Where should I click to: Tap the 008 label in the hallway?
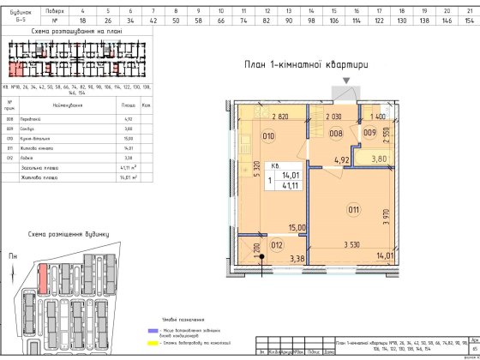[337, 134]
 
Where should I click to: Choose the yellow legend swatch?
[150, 340]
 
